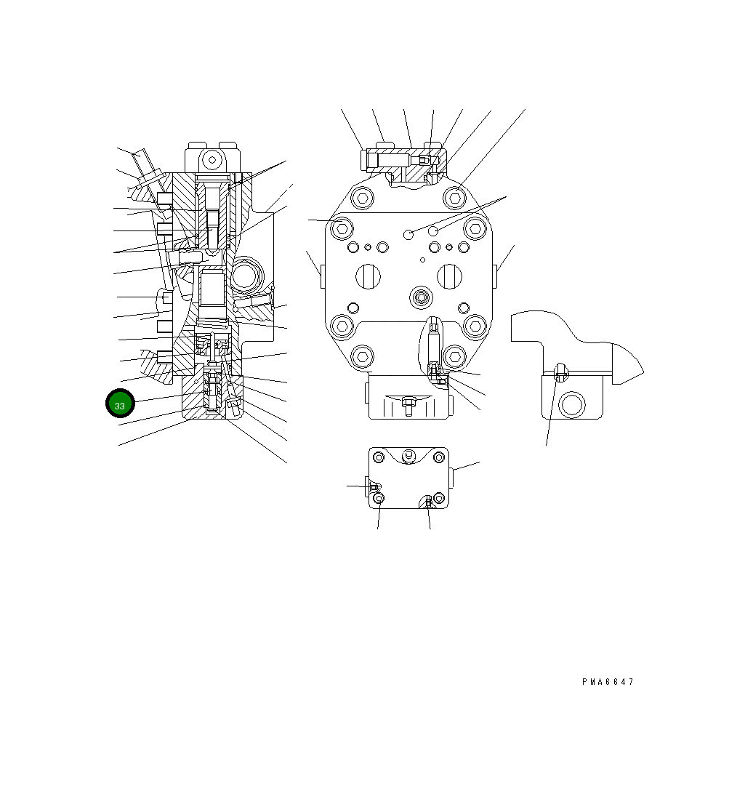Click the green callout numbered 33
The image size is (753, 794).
120,404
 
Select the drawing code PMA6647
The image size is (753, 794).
608,682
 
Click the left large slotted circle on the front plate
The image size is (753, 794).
369,276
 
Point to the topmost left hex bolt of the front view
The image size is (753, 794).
362,196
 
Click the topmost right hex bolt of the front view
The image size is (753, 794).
455,196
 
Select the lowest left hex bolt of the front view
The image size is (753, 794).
362,356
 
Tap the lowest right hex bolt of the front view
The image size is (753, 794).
455,356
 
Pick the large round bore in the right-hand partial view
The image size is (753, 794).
573,404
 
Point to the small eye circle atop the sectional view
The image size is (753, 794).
212,159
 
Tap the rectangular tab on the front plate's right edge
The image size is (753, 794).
495,276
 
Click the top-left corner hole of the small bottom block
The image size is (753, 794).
378,457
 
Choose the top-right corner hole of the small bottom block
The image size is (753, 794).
438,457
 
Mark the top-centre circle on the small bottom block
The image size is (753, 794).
408,456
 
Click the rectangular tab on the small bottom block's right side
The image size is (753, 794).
452,478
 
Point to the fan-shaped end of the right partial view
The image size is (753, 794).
627,364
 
